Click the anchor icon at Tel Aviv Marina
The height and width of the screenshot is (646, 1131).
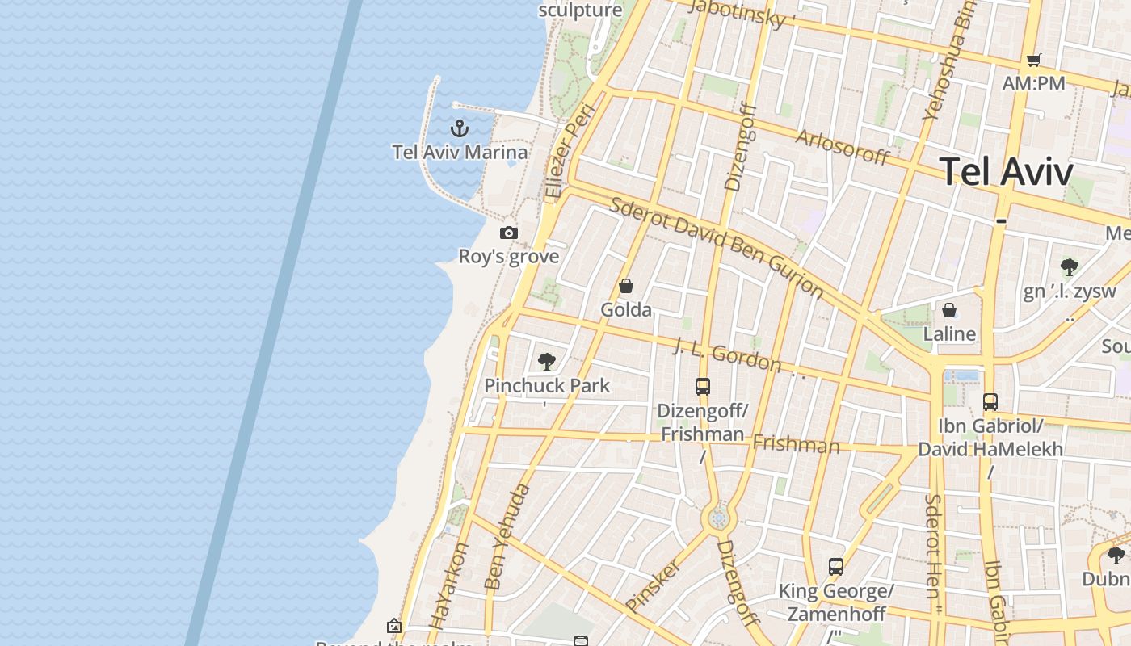pyautogui.click(x=459, y=128)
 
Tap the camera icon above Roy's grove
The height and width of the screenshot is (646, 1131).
pyautogui.click(x=508, y=233)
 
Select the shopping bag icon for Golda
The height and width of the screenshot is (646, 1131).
pyautogui.click(x=625, y=286)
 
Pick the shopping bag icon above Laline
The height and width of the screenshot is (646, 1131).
pyautogui.click(x=949, y=310)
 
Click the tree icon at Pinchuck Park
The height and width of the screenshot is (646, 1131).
pyautogui.click(x=547, y=361)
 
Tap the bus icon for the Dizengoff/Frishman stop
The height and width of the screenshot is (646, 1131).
pyautogui.click(x=703, y=387)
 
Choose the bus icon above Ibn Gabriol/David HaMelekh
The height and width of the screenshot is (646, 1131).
pyautogui.click(x=990, y=401)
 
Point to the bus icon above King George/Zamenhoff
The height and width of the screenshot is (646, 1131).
pyautogui.click(x=836, y=567)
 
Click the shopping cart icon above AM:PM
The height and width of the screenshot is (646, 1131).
pyautogui.click(x=1033, y=60)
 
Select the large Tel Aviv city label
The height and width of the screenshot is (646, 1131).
pyautogui.click(x=1007, y=172)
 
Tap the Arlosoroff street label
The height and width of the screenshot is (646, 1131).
pyautogui.click(x=843, y=146)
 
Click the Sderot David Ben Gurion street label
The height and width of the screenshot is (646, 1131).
pyautogui.click(x=717, y=247)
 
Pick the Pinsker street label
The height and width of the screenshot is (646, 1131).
pyautogui.click(x=654, y=585)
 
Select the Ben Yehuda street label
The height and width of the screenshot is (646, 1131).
pyautogui.click(x=508, y=535)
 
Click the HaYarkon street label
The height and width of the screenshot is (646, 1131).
pyautogui.click(x=449, y=585)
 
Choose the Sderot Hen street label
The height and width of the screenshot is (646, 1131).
pyautogui.click(x=934, y=547)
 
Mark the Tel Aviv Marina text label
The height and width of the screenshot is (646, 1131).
pyautogui.click(x=460, y=152)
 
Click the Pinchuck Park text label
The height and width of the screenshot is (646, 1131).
pyautogui.click(x=547, y=385)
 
